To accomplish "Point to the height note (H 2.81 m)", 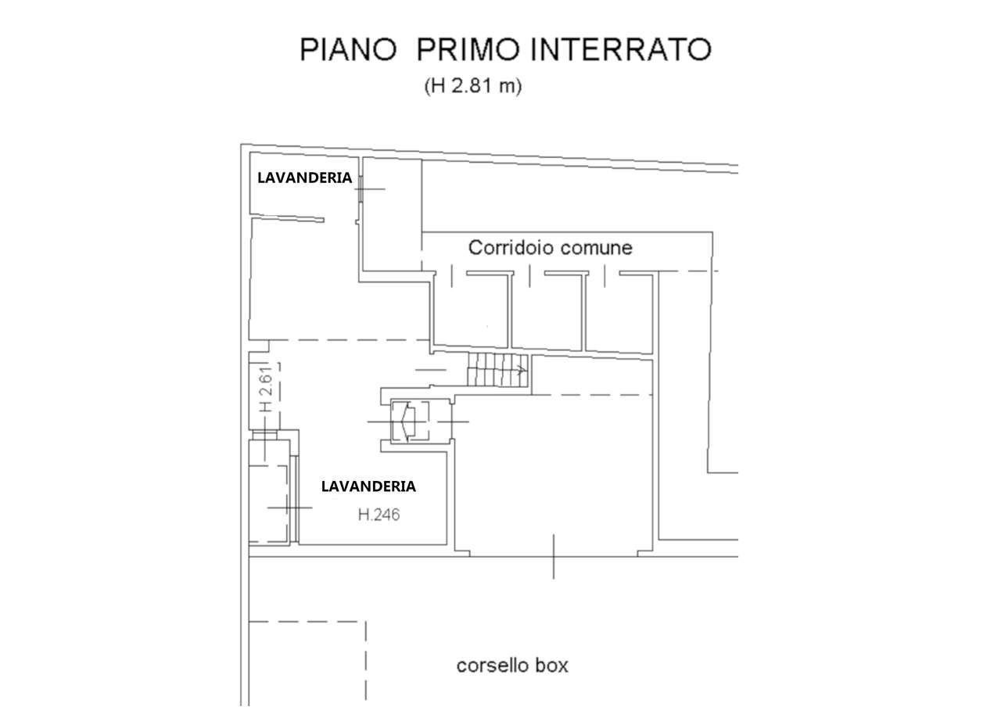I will (x=472, y=86).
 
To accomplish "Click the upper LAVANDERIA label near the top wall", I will (x=304, y=178).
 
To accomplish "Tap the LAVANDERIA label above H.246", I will (x=368, y=486).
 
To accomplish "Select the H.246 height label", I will (x=379, y=515).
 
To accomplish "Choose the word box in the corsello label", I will (x=552, y=666).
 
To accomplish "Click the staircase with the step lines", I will (x=497, y=369).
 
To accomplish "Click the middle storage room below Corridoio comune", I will (x=547, y=313).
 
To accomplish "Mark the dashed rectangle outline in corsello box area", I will (x=307, y=657).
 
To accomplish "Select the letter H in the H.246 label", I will (x=363, y=515).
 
